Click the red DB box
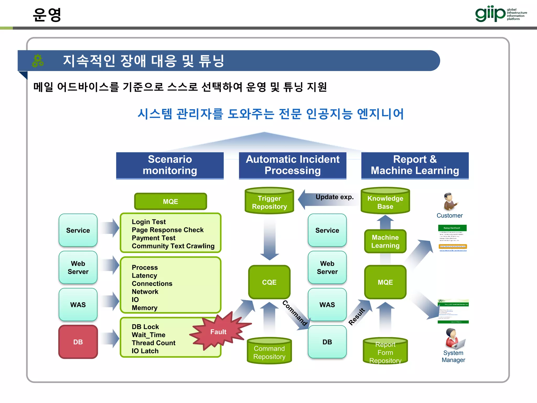pos(78,342)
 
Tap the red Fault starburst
pos(218,332)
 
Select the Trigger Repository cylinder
pos(269,201)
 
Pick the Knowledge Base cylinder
pos(385,201)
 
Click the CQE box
pos(269,282)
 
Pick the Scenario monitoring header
pos(170,165)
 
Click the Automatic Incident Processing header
pos(293,165)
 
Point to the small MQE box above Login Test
pos(170,201)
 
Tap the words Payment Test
pos(153,238)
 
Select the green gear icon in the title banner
pos(38,61)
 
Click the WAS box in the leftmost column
pos(78,305)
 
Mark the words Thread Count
pos(153,343)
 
